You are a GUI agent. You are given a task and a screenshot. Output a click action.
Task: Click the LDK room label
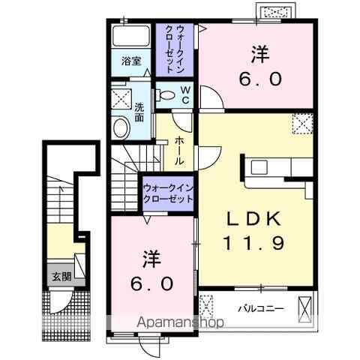(x=254, y=220)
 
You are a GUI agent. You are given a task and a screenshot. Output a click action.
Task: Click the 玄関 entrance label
(x=61, y=276)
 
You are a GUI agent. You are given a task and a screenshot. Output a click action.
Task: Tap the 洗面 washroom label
(x=140, y=112)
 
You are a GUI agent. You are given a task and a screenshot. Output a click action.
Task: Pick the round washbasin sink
(x=120, y=127)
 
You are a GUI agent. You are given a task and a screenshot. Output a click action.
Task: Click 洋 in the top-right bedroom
(x=260, y=54)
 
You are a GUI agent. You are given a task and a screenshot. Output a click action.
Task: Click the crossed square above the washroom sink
(x=120, y=98)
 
